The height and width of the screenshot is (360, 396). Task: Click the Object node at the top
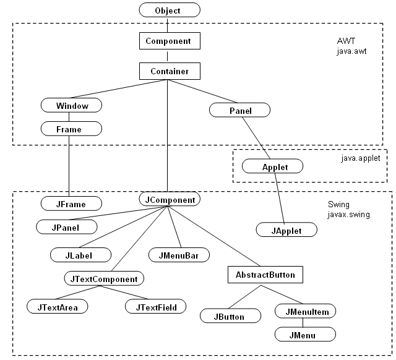(x=169, y=11)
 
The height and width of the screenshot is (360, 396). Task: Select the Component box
(x=169, y=41)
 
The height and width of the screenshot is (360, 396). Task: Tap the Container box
(x=169, y=72)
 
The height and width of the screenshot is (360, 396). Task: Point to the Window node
(x=71, y=105)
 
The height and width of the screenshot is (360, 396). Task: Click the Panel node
(x=239, y=110)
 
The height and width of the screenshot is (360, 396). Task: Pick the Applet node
(x=273, y=166)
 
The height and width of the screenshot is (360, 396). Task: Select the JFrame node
(x=71, y=203)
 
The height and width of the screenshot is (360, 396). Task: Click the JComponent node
(x=169, y=200)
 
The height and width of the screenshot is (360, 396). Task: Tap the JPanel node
(x=66, y=227)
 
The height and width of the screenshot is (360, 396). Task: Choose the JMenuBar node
(x=179, y=254)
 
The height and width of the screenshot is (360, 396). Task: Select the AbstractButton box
(x=265, y=274)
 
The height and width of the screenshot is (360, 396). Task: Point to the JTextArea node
(x=58, y=306)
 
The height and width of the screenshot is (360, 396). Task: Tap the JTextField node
(x=155, y=306)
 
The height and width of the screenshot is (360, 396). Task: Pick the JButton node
(x=230, y=316)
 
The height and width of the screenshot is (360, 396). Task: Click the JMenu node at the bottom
(x=306, y=335)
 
